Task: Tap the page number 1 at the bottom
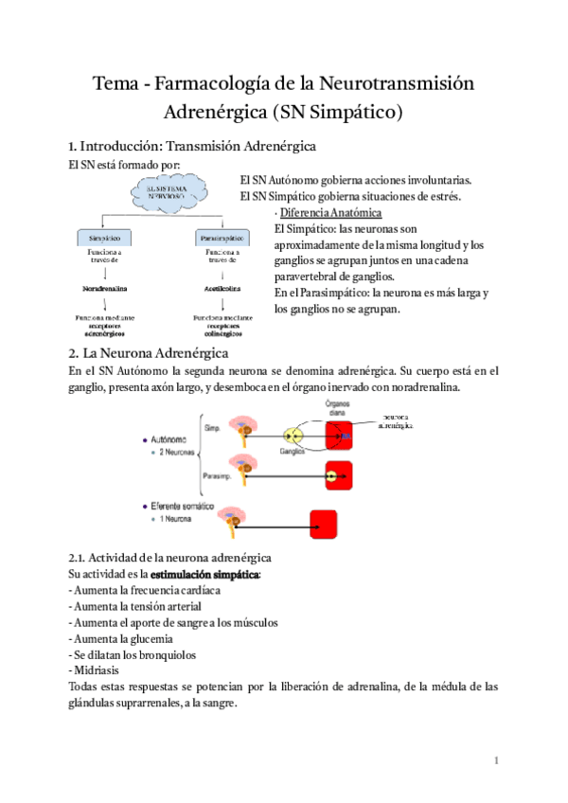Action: point(495,760)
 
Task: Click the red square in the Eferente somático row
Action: point(324,523)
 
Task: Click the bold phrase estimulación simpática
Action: point(205,574)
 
